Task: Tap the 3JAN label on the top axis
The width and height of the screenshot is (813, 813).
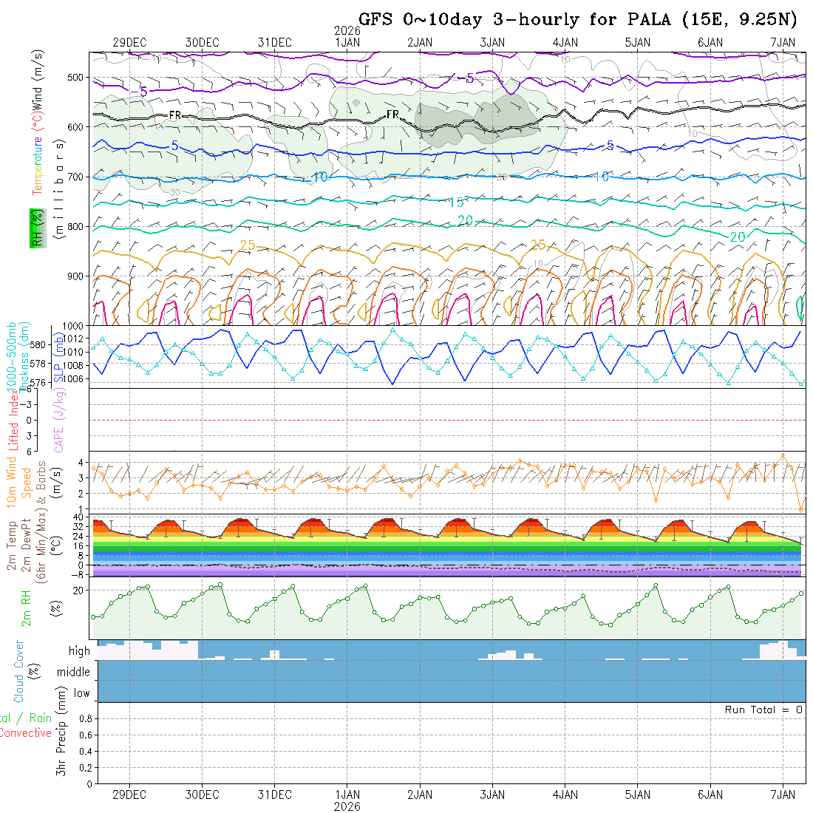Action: pyautogui.click(x=492, y=42)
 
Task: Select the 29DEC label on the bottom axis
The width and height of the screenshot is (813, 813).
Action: pyautogui.click(x=129, y=795)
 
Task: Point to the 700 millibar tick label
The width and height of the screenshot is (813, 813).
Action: pyautogui.click(x=77, y=177)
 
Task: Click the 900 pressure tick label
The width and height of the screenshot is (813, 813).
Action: pyautogui.click(x=77, y=276)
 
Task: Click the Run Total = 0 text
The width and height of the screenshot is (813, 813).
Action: pyautogui.click(x=763, y=710)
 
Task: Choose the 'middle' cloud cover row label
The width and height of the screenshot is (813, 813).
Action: pyautogui.click(x=74, y=672)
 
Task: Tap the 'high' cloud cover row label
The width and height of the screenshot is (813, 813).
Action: pyautogui.click(x=79, y=651)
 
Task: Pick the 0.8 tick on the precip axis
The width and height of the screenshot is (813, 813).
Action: pyautogui.click(x=84, y=718)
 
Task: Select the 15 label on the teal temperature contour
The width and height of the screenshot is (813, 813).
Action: pyautogui.click(x=456, y=203)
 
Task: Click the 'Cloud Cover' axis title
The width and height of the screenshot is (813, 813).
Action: pyautogui.click(x=19, y=671)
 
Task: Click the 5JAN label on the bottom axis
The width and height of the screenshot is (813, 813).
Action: pyautogui.click(x=637, y=795)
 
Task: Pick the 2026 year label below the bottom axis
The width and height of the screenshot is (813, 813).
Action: pyautogui.click(x=347, y=806)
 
